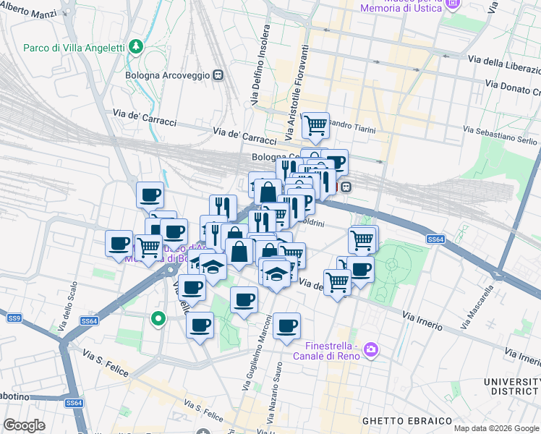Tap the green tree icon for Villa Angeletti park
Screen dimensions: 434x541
(x=136, y=47)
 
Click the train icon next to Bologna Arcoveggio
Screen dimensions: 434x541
(x=217, y=75)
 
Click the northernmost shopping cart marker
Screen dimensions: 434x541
(x=315, y=125)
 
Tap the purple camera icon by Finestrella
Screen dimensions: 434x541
(x=371, y=350)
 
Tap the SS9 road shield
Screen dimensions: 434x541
(x=14, y=318)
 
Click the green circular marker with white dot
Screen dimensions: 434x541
(x=158, y=318)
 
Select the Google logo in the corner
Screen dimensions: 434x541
(x=25, y=425)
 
